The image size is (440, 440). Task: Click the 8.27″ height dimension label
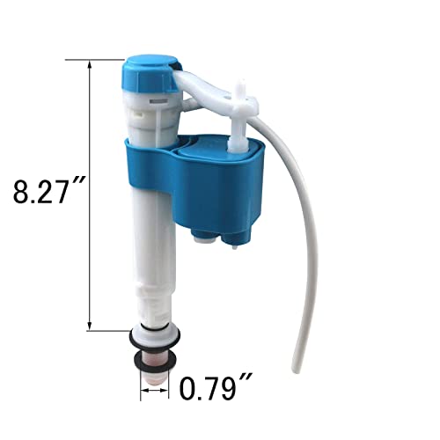click(x=46, y=193)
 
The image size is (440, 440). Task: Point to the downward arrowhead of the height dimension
click(x=90, y=326)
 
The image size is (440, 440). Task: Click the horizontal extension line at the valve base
click(x=106, y=330)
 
